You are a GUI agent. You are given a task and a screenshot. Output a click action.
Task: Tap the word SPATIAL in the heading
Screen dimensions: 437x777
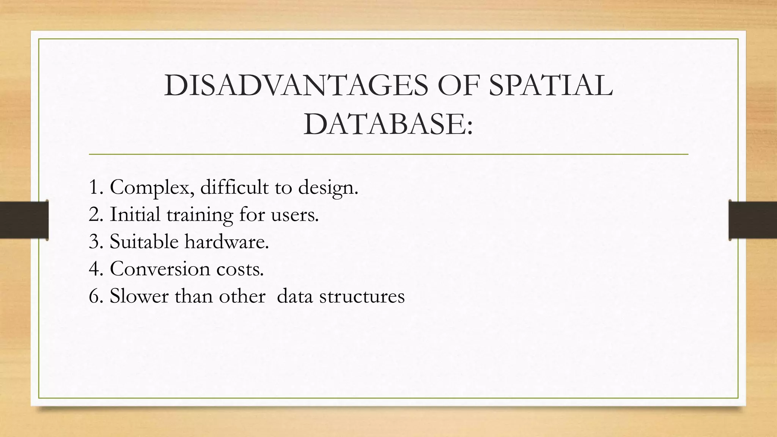551,86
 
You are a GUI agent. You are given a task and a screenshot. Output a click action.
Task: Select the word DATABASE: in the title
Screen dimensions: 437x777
388,125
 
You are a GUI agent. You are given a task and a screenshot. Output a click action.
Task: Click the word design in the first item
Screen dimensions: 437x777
328,187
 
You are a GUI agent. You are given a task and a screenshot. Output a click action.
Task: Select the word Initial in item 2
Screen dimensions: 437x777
135,214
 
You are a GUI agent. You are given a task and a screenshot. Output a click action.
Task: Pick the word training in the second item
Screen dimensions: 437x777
200,215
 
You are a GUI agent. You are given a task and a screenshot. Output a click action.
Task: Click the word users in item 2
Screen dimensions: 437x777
294,215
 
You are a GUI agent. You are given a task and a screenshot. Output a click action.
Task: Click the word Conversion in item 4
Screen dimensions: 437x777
159,269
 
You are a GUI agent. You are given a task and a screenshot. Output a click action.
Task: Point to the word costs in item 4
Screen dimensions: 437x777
240,269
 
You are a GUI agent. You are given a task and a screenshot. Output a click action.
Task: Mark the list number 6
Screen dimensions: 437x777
94,296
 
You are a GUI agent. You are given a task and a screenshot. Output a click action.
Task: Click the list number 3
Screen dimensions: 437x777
94,242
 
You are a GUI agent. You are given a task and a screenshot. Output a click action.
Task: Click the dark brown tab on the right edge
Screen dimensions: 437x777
753,220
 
